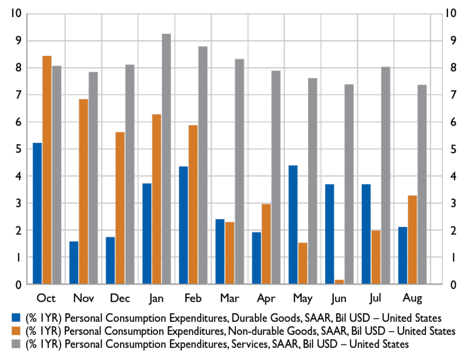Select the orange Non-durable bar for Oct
(x=47, y=170)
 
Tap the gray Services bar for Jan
(x=166, y=159)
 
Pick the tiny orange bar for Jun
(x=339, y=282)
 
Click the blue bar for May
(x=293, y=225)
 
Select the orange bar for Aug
(x=412, y=240)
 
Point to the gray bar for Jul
(x=386, y=175)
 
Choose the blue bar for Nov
(x=74, y=262)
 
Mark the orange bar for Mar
(x=230, y=253)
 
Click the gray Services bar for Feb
(x=203, y=165)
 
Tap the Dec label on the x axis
(x=120, y=298)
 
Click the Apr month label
(x=266, y=298)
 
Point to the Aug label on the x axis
(x=412, y=298)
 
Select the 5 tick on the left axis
(x=18, y=149)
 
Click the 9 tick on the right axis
(x=454, y=41)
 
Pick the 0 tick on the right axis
(x=454, y=284)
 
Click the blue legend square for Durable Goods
(x=16, y=317)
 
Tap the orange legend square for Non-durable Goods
(x=16, y=331)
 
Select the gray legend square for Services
(x=16, y=344)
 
